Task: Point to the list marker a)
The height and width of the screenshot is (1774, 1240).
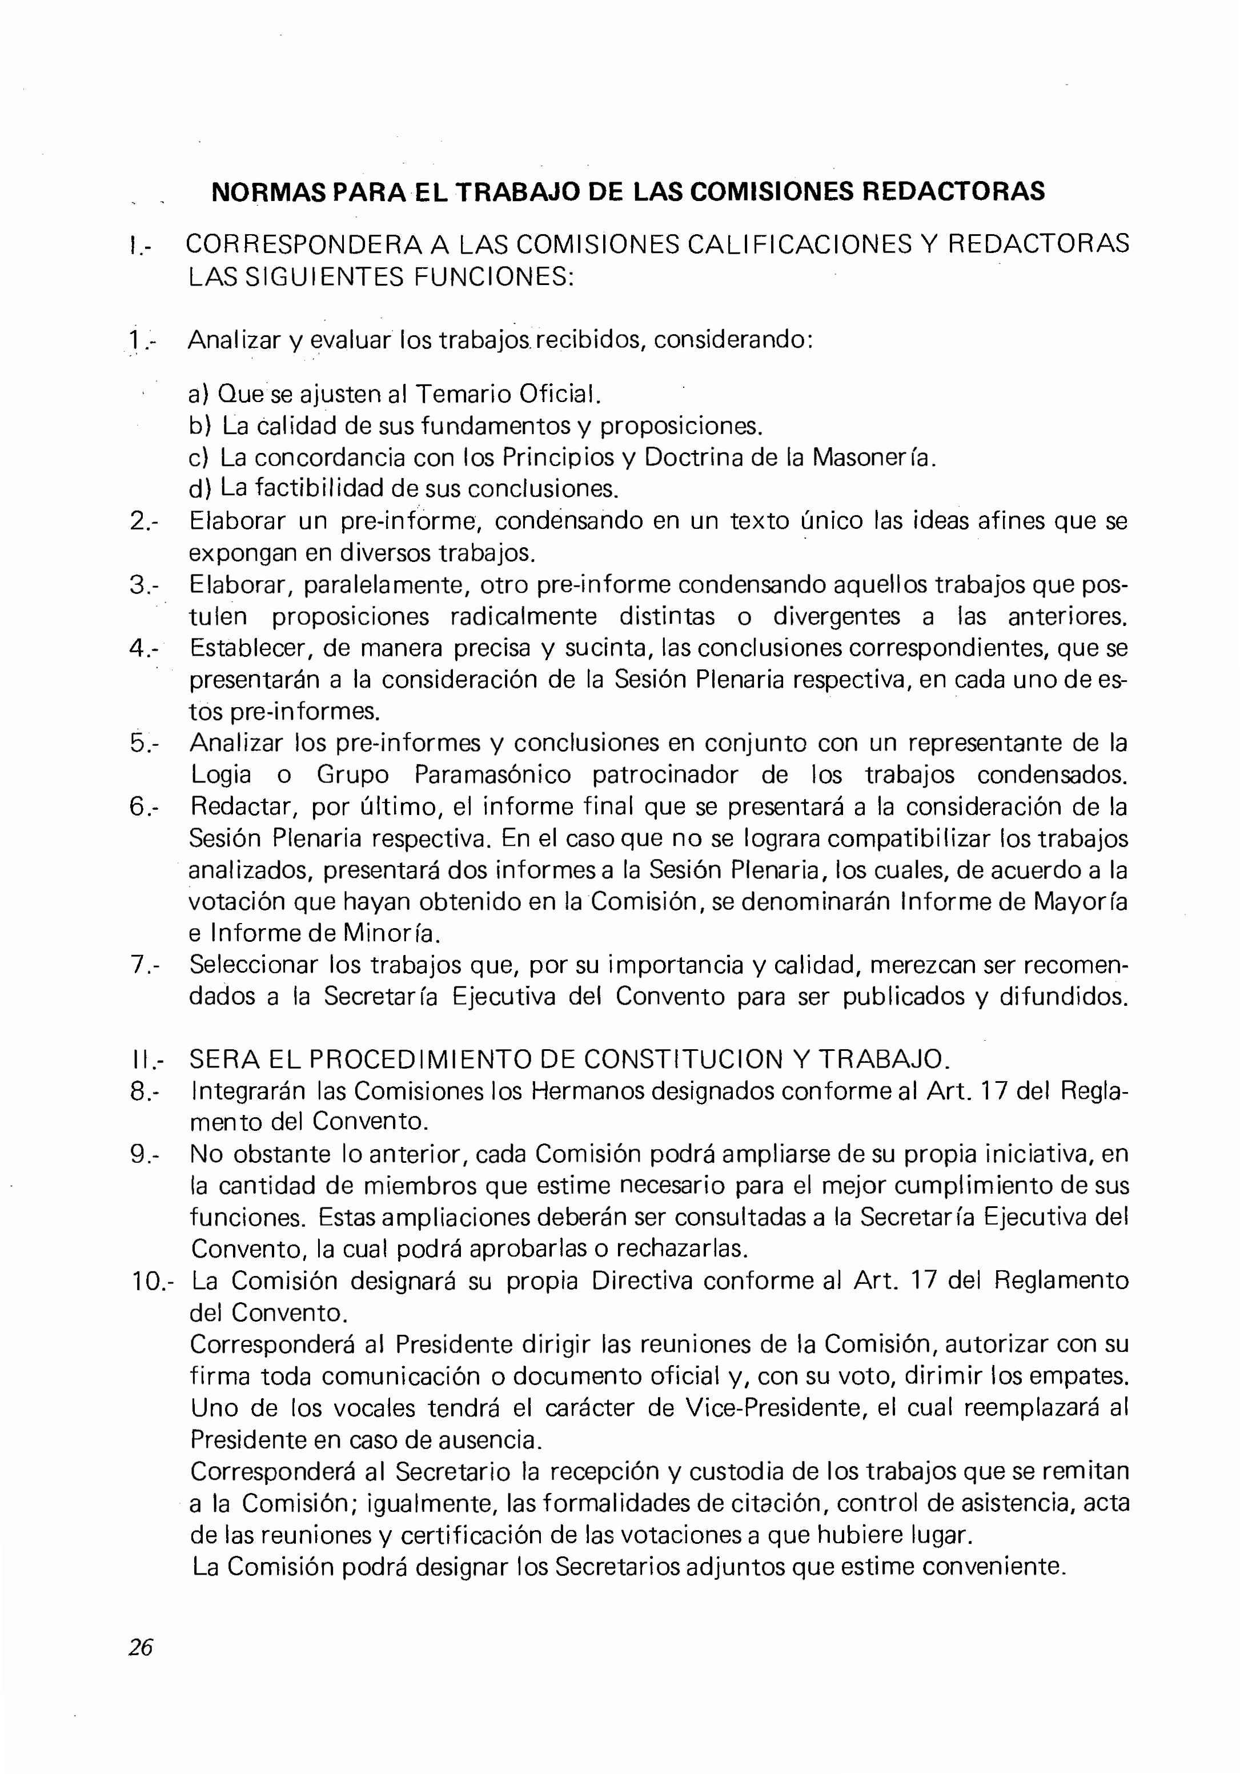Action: click(199, 395)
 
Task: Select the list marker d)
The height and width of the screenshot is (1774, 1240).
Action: click(199, 489)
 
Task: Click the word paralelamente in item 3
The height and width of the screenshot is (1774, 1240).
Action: click(386, 585)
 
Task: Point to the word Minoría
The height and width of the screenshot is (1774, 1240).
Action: click(392, 933)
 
